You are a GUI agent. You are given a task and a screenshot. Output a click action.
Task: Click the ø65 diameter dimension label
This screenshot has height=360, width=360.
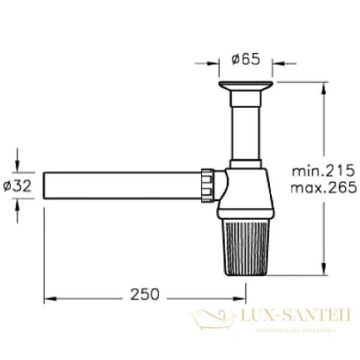pyautogui.click(x=246, y=59)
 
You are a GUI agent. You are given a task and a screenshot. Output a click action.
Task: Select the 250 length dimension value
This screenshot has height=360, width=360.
pyautogui.click(x=145, y=295)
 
